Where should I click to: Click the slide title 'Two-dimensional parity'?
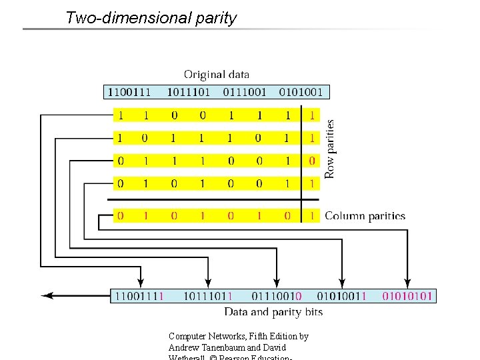coord(151,18)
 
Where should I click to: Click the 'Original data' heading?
coord(217,75)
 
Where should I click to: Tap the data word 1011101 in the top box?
coord(189,92)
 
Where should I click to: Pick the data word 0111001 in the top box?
coord(245,92)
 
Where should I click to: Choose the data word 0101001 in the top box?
coord(301,92)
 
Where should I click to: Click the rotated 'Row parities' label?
coord(329,148)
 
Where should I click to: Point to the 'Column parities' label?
coord(365,216)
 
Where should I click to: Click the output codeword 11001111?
coord(139,295)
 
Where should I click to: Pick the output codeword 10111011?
coord(207,295)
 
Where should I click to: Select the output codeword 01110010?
coord(276,295)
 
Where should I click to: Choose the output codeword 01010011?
coord(341,295)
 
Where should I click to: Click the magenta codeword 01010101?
coord(407,295)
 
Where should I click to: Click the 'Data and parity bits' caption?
coord(273,312)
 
